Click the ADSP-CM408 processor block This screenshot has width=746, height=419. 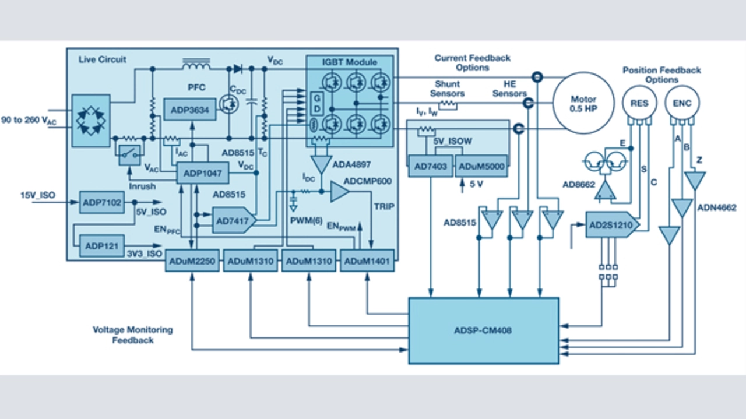483,330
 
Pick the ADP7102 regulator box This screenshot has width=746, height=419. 101,202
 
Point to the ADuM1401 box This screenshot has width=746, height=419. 367,262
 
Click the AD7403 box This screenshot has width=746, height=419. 431,167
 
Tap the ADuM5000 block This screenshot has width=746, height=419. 481,167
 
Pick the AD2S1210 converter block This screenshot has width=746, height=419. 611,225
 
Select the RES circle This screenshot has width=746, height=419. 639,103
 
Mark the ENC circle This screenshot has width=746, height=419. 682,103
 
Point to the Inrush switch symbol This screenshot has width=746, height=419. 129,154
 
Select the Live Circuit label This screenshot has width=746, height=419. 102,60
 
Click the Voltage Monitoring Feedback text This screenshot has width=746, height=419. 133,335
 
